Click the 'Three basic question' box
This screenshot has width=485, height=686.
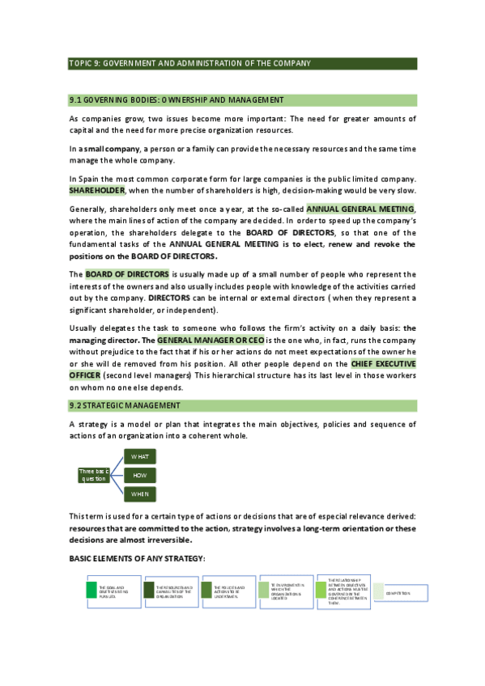click(93, 475)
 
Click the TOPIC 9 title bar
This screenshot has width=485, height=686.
click(242, 64)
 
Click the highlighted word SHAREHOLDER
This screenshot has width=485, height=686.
click(96, 189)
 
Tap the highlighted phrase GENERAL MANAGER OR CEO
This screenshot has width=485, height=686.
click(205, 341)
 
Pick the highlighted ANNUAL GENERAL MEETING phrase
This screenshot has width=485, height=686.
click(359, 208)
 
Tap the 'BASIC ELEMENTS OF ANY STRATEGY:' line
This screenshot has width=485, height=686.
click(137, 559)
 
